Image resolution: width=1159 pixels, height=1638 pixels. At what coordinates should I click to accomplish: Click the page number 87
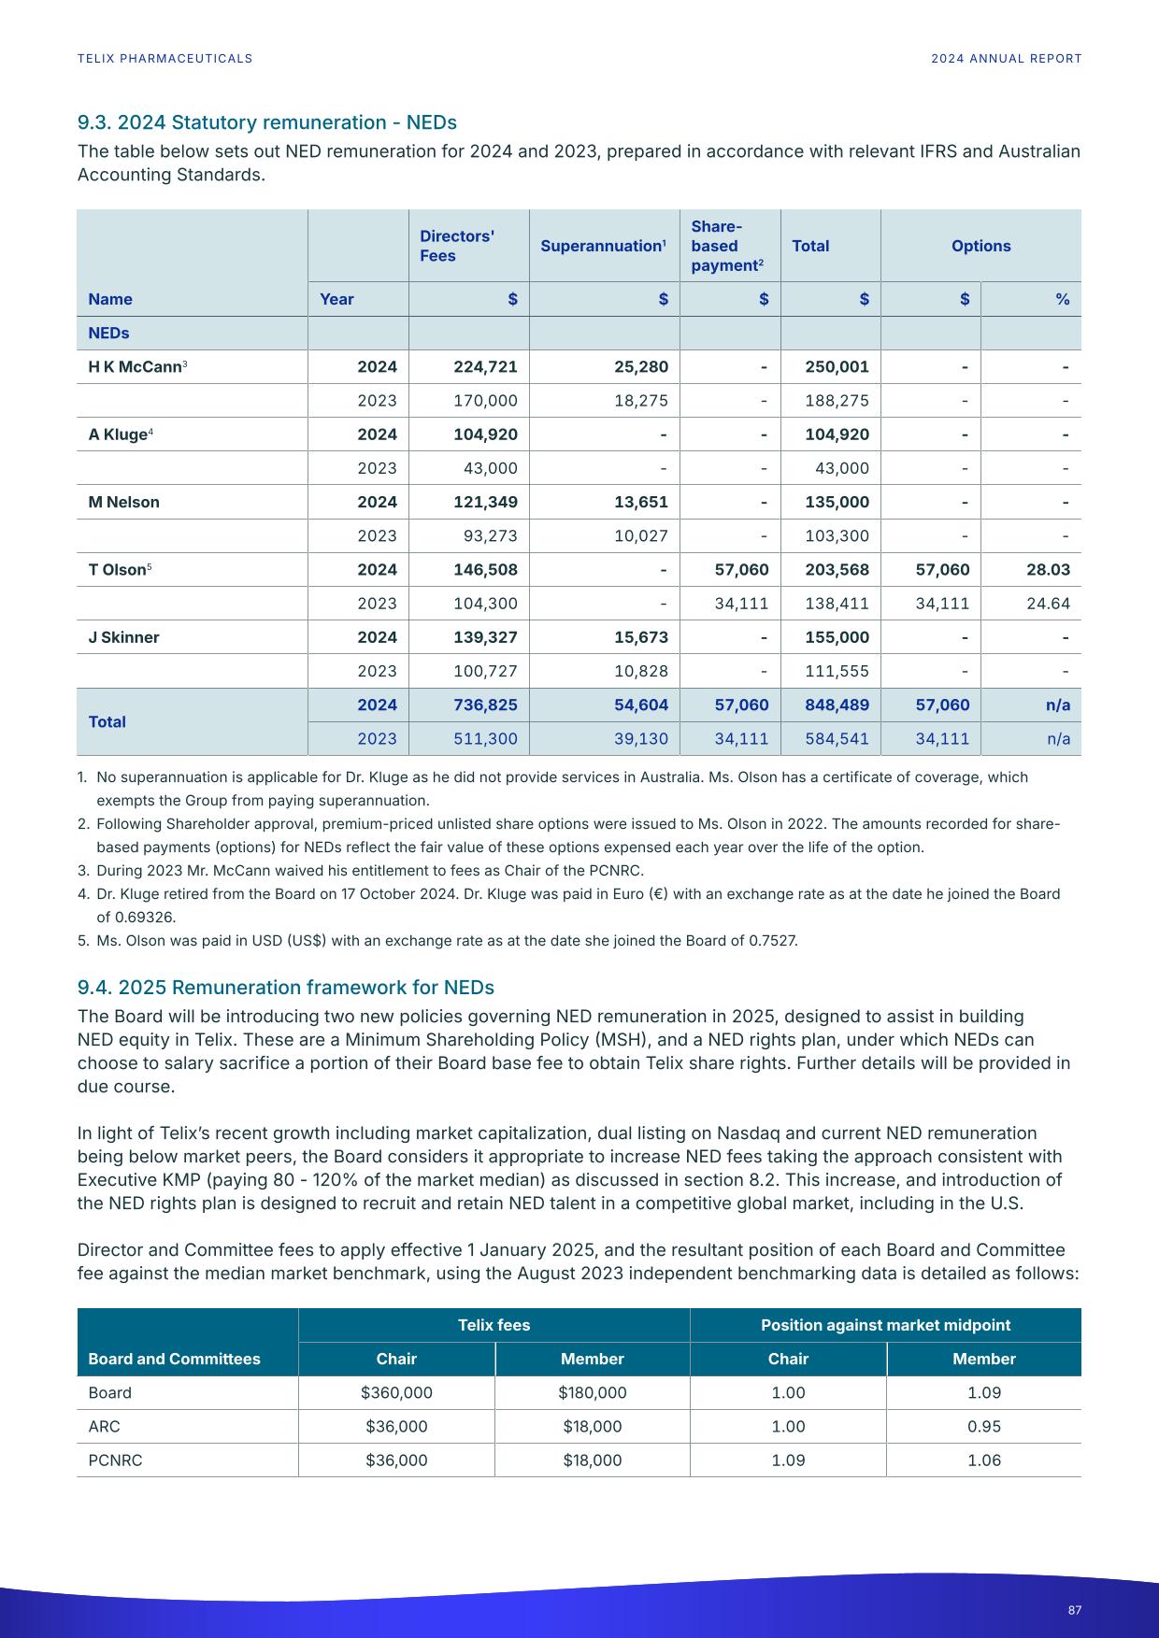1074,1610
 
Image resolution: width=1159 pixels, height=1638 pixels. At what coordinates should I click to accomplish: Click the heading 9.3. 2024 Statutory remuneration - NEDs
266,122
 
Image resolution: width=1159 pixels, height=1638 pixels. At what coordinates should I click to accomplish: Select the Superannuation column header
603,246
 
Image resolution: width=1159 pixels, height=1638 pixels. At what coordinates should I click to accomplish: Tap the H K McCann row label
135,367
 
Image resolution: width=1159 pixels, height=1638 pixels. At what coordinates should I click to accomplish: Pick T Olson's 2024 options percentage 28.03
1048,570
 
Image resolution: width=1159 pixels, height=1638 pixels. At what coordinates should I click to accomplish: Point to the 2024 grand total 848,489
837,705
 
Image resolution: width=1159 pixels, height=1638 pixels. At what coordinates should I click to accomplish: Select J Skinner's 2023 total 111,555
837,671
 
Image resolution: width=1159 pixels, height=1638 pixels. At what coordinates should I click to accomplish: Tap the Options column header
980,246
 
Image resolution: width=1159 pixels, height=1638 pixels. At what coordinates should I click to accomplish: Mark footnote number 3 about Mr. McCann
83,871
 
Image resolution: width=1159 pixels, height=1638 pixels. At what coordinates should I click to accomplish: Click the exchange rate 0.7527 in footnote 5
772,940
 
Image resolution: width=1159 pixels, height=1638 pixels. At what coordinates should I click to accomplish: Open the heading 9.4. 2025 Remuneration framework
285,988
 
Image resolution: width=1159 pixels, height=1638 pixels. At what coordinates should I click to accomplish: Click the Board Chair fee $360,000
396,1393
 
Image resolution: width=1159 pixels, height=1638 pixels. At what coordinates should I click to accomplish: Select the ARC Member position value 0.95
983,1427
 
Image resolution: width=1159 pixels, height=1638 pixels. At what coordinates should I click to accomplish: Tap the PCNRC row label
115,1460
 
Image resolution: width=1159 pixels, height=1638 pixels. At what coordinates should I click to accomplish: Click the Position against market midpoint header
885,1325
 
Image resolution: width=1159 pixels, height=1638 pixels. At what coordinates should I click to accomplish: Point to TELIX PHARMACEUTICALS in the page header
165,58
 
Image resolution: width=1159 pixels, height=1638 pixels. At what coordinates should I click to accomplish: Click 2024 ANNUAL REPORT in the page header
1006,58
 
